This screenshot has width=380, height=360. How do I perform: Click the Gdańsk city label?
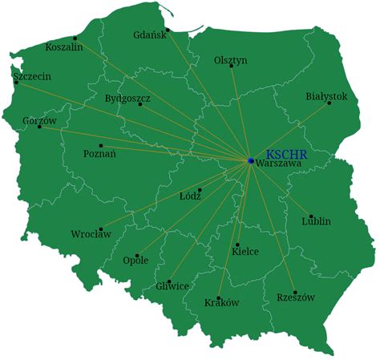pos(149,34)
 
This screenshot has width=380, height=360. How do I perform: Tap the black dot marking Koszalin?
pos(75,38)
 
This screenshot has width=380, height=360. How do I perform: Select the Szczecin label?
pos(32,77)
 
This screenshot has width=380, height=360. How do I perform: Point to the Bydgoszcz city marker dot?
pos(140,104)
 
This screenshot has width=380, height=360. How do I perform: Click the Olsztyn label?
pos(231,60)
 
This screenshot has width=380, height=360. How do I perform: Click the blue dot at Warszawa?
pos(251,161)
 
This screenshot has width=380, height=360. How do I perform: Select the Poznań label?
pos(99,154)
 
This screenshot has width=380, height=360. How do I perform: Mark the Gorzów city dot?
pos(39,127)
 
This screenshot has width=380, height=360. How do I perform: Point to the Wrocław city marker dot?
pos(100,228)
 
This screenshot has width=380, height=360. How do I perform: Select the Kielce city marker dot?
pos(237,245)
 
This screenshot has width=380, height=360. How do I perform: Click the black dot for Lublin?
pos(311,216)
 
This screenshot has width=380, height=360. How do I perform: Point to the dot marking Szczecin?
pos(16,82)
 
